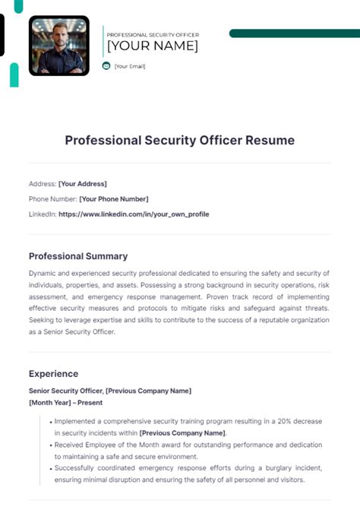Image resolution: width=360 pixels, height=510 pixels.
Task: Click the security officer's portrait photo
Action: pyautogui.click(x=59, y=46)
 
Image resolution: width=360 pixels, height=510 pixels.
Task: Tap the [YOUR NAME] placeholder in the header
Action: pyautogui.click(x=152, y=46)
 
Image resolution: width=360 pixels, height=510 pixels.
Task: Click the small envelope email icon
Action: pyautogui.click(x=106, y=66)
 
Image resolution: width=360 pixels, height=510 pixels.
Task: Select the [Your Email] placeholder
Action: pyautogui.click(x=129, y=66)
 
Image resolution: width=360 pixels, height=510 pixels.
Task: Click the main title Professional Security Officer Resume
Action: pyautogui.click(x=179, y=141)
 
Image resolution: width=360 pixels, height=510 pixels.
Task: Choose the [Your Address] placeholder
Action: pyautogui.click(x=82, y=184)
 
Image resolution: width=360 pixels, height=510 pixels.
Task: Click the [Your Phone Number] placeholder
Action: pyautogui.click(x=113, y=199)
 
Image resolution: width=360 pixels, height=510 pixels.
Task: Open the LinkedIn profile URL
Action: pyautogui.click(x=133, y=214)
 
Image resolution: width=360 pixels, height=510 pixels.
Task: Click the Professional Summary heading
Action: pyautogui.click(x=78, y=256)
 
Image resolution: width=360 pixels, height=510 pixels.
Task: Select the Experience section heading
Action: pyautogui.click(x=53, y=374)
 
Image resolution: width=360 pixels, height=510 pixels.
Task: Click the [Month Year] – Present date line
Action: pyautogui.click(x=65, y=402)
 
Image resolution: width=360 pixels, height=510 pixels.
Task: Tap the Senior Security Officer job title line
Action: pyautogui.click(x=110, y=391)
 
